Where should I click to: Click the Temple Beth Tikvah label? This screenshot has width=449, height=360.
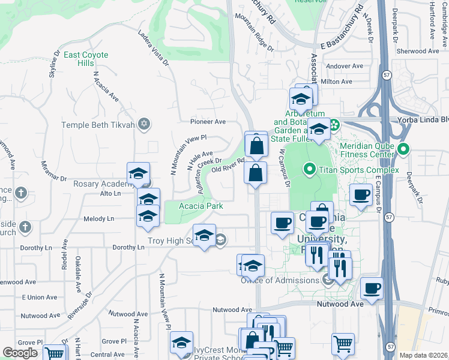click(x=100, y=125)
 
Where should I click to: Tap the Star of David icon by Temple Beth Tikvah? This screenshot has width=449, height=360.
click(x=143, y=125)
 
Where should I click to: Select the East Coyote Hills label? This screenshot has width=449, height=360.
click(x=86, y=59)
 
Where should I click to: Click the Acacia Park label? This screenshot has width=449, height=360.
click(x=202, y=206)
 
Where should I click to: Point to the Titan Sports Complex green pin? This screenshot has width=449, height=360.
click(x=310, y=170)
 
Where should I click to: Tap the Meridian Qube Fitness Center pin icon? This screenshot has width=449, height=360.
click(x=403, y=149)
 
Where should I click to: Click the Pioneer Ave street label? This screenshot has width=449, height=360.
click(x=208, y=121)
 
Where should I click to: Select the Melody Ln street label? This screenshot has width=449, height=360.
click(x=98, y=219)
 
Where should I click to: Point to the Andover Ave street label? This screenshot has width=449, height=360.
click(x=344, y=66)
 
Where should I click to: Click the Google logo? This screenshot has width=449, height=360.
click(x=20, y=353)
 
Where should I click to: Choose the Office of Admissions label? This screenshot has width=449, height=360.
click(x=280, y=280)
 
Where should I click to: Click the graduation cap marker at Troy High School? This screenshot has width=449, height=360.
click(x=204, y=235)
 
